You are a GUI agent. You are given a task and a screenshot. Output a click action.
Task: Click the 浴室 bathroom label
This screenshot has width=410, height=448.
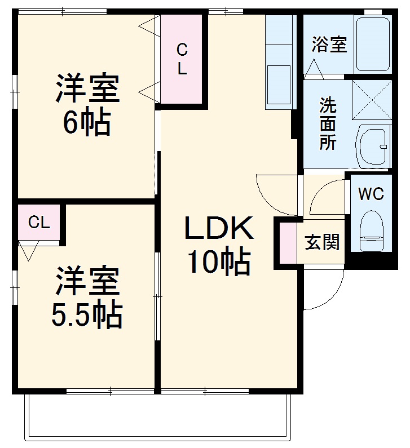[x=329, y=45]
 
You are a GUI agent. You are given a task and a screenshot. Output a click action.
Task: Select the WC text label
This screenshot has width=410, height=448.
[x=371, y=194]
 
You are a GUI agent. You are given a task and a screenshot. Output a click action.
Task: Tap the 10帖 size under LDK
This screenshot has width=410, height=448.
[x=219, y=262]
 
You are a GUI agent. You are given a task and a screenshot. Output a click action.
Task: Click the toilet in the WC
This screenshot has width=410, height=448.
[x=371, y=230]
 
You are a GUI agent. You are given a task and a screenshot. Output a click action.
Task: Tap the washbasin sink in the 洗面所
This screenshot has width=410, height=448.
[x=373, y=146]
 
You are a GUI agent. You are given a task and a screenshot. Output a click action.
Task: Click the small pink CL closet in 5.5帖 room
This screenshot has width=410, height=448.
[x=39, y=222]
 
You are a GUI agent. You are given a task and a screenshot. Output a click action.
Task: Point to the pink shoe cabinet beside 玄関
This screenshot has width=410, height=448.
[x=288, y=242]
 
